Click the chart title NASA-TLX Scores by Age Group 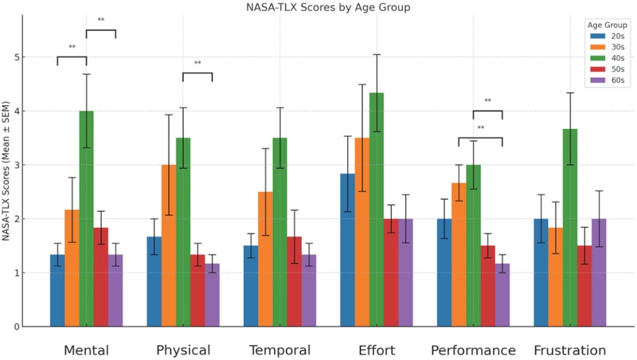pos(318,7)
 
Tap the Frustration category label pos(569,350)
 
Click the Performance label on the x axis pos(473,350)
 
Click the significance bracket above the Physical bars pos(197,74)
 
